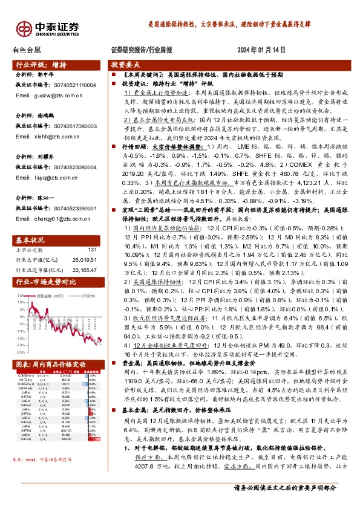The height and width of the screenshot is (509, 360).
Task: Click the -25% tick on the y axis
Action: pos(21,351)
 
